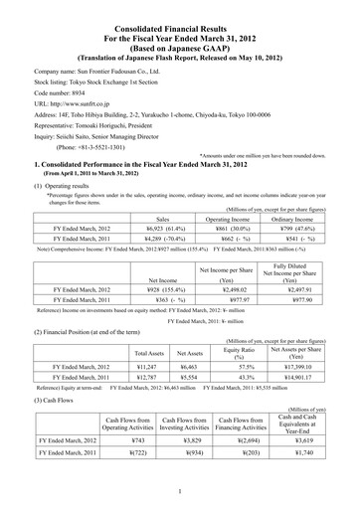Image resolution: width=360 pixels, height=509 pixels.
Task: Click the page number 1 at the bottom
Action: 179,490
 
